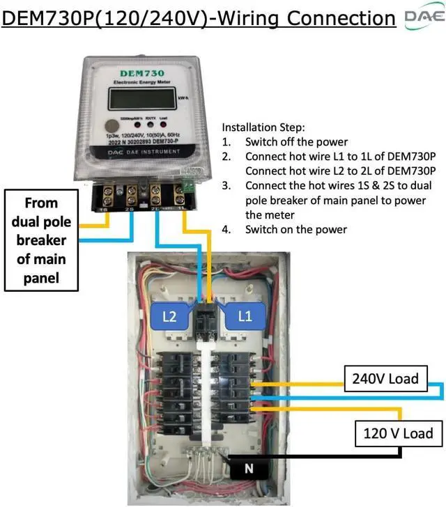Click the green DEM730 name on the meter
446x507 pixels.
[x=141, y=73]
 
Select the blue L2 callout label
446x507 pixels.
[x=170, y=316]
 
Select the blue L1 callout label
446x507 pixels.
[x=245, y=316]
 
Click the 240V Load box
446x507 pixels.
[x=385, y=379]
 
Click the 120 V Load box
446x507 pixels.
[x=398, y=433]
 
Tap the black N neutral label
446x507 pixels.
[x=249, y=469]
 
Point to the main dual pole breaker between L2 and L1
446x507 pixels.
[x=207, y=320]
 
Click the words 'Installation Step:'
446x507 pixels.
[x=262, y=128]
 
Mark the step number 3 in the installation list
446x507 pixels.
[x=226, y=186]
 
